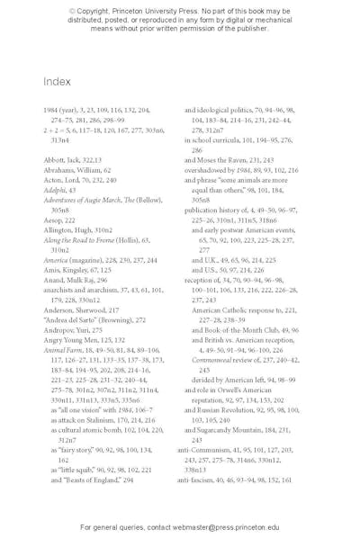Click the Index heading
pos(57,82)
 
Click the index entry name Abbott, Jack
pos(61,160)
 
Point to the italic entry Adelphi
pos(54,190)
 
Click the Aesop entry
pos(53,220)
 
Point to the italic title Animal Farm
pos(63,350)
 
